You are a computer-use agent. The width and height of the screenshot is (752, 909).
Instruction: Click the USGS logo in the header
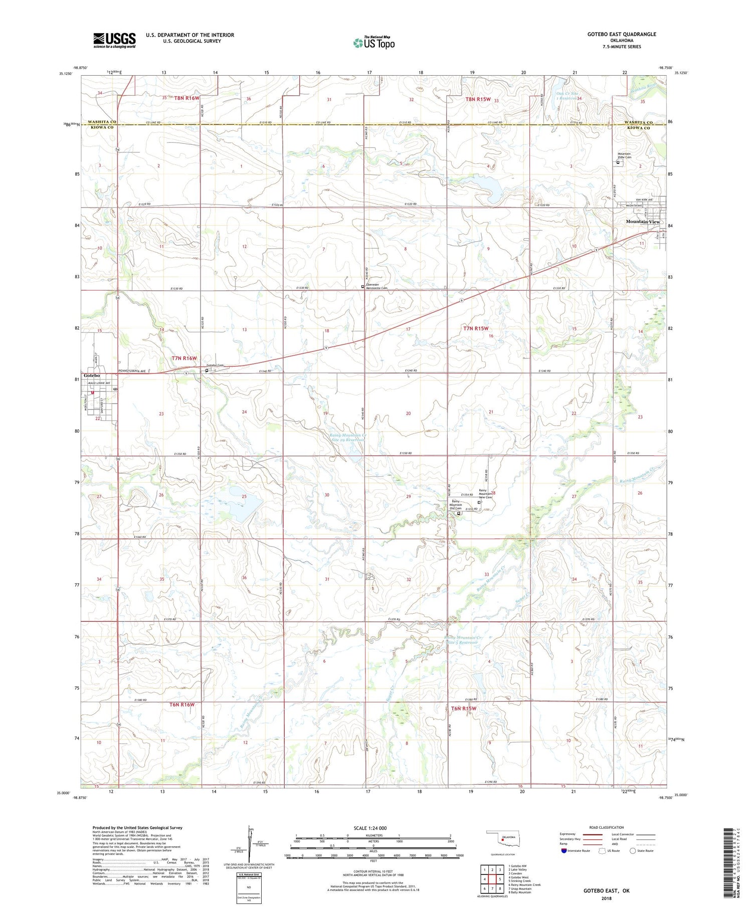114,40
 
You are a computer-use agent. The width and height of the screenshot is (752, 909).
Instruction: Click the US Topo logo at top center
374,43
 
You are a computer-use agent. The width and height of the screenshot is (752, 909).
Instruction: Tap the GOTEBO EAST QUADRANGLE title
622,34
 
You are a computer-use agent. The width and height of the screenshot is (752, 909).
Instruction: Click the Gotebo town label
92,376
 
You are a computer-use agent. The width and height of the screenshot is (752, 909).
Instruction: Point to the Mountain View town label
642,222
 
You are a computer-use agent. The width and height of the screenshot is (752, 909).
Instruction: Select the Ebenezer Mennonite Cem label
377,287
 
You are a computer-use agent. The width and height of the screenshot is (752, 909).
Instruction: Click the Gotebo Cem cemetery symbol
207,371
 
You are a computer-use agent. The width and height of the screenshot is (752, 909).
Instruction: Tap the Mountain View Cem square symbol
618,162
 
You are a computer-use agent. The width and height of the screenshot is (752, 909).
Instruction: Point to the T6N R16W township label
182,704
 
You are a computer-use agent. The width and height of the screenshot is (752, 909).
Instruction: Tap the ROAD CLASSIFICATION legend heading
607,827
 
